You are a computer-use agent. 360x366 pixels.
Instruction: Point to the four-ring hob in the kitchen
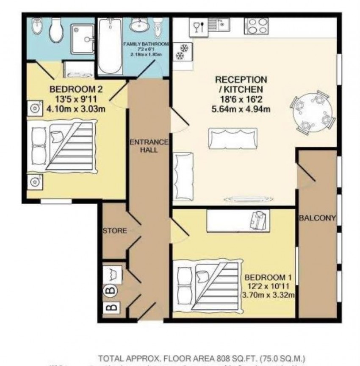tap(258, 26)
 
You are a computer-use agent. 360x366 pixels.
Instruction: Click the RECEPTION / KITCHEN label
tap(241, 84)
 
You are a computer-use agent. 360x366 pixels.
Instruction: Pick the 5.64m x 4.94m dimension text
tap(241, 108)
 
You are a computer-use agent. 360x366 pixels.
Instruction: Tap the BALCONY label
tap(317, 219)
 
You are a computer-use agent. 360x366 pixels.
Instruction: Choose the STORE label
tap(114, 231)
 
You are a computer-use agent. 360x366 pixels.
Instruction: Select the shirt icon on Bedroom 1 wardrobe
tap(258, 221)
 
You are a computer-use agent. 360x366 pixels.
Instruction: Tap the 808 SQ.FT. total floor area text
tap(226, 358)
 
